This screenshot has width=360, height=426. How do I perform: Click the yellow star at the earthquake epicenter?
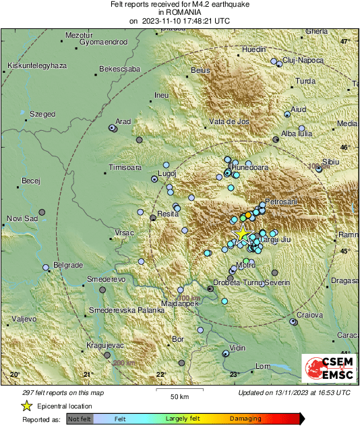pos(241,233)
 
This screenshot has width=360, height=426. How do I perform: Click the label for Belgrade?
pos(67,264)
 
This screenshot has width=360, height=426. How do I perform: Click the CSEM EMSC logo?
pos(326,370)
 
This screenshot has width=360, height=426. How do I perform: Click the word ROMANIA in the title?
pos(179,12)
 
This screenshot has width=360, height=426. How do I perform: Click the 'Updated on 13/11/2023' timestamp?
pos(294,392)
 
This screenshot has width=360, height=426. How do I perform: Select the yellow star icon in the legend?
pos(26,406)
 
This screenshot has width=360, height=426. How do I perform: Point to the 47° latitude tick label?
pos(346,42)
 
